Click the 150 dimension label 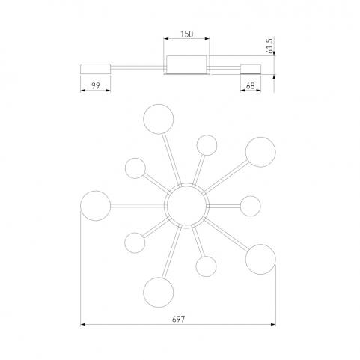(187, 34)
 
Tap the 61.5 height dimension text (270, 46)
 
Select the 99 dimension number (96, 85)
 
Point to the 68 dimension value (250, 85)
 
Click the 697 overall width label (179, 319)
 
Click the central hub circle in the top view (186, 206)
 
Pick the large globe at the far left (95, 206)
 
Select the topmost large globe (159, 119)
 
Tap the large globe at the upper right (260, 152)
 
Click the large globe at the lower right (260, 260)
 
